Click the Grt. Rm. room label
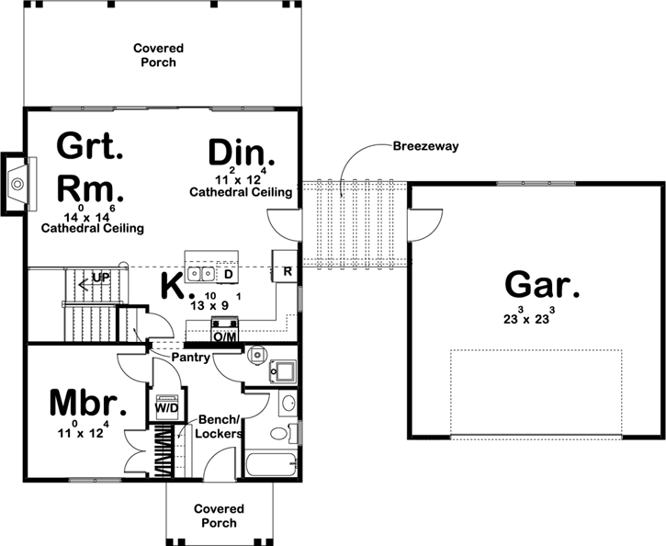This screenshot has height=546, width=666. coord(90,166)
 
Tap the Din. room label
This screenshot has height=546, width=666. coord(242,153)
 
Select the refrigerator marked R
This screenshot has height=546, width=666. coord(286,271)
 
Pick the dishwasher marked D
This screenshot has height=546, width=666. coord(227,273)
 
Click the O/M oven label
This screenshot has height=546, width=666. coord(224,336)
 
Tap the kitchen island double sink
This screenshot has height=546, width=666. coord(200,274)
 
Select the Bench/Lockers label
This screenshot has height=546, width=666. coord(220,427)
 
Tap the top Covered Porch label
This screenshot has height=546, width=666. coord(158,55)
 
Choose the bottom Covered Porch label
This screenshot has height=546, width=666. coord(219,516)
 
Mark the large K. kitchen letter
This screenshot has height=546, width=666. coord(174,286)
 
